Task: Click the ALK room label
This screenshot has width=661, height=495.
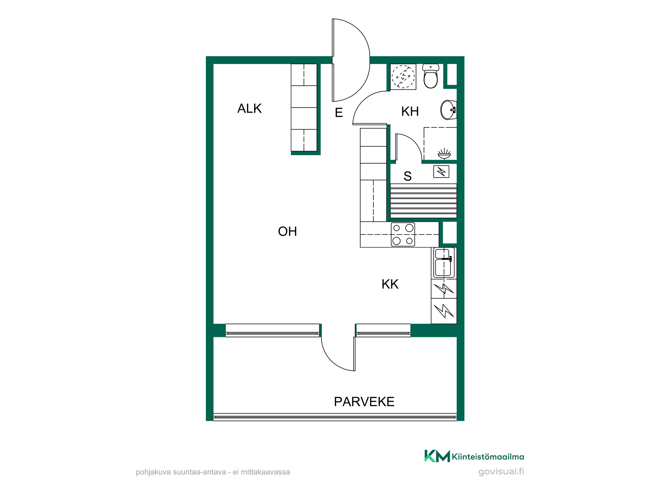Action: coord(250,109)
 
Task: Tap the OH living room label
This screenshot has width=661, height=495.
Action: coord(288,232)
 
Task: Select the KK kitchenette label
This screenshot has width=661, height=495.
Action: coord(390,284)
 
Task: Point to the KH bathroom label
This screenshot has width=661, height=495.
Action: coord(410,112)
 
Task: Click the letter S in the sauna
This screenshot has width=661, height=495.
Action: coord(408,176)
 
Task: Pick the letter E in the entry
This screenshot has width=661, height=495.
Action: coord(339,113)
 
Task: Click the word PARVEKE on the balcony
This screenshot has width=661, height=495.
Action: coord(364,402)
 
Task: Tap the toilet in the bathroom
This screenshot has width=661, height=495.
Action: coord(431,76)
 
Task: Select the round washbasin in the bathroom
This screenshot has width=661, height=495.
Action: coord(448,110)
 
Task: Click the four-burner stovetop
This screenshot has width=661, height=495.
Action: coord(403,235)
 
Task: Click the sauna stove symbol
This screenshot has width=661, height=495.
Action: coord(441,172)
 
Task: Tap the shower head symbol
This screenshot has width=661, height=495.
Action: coord(444,153)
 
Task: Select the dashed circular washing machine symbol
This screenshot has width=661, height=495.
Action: coord(403,77)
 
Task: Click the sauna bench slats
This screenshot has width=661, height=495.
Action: coord(423,201)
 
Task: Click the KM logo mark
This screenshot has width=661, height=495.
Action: coord(437,456)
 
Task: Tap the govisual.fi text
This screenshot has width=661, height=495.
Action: coord(501,472)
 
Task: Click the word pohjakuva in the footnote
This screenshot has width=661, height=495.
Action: coord(153,472)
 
